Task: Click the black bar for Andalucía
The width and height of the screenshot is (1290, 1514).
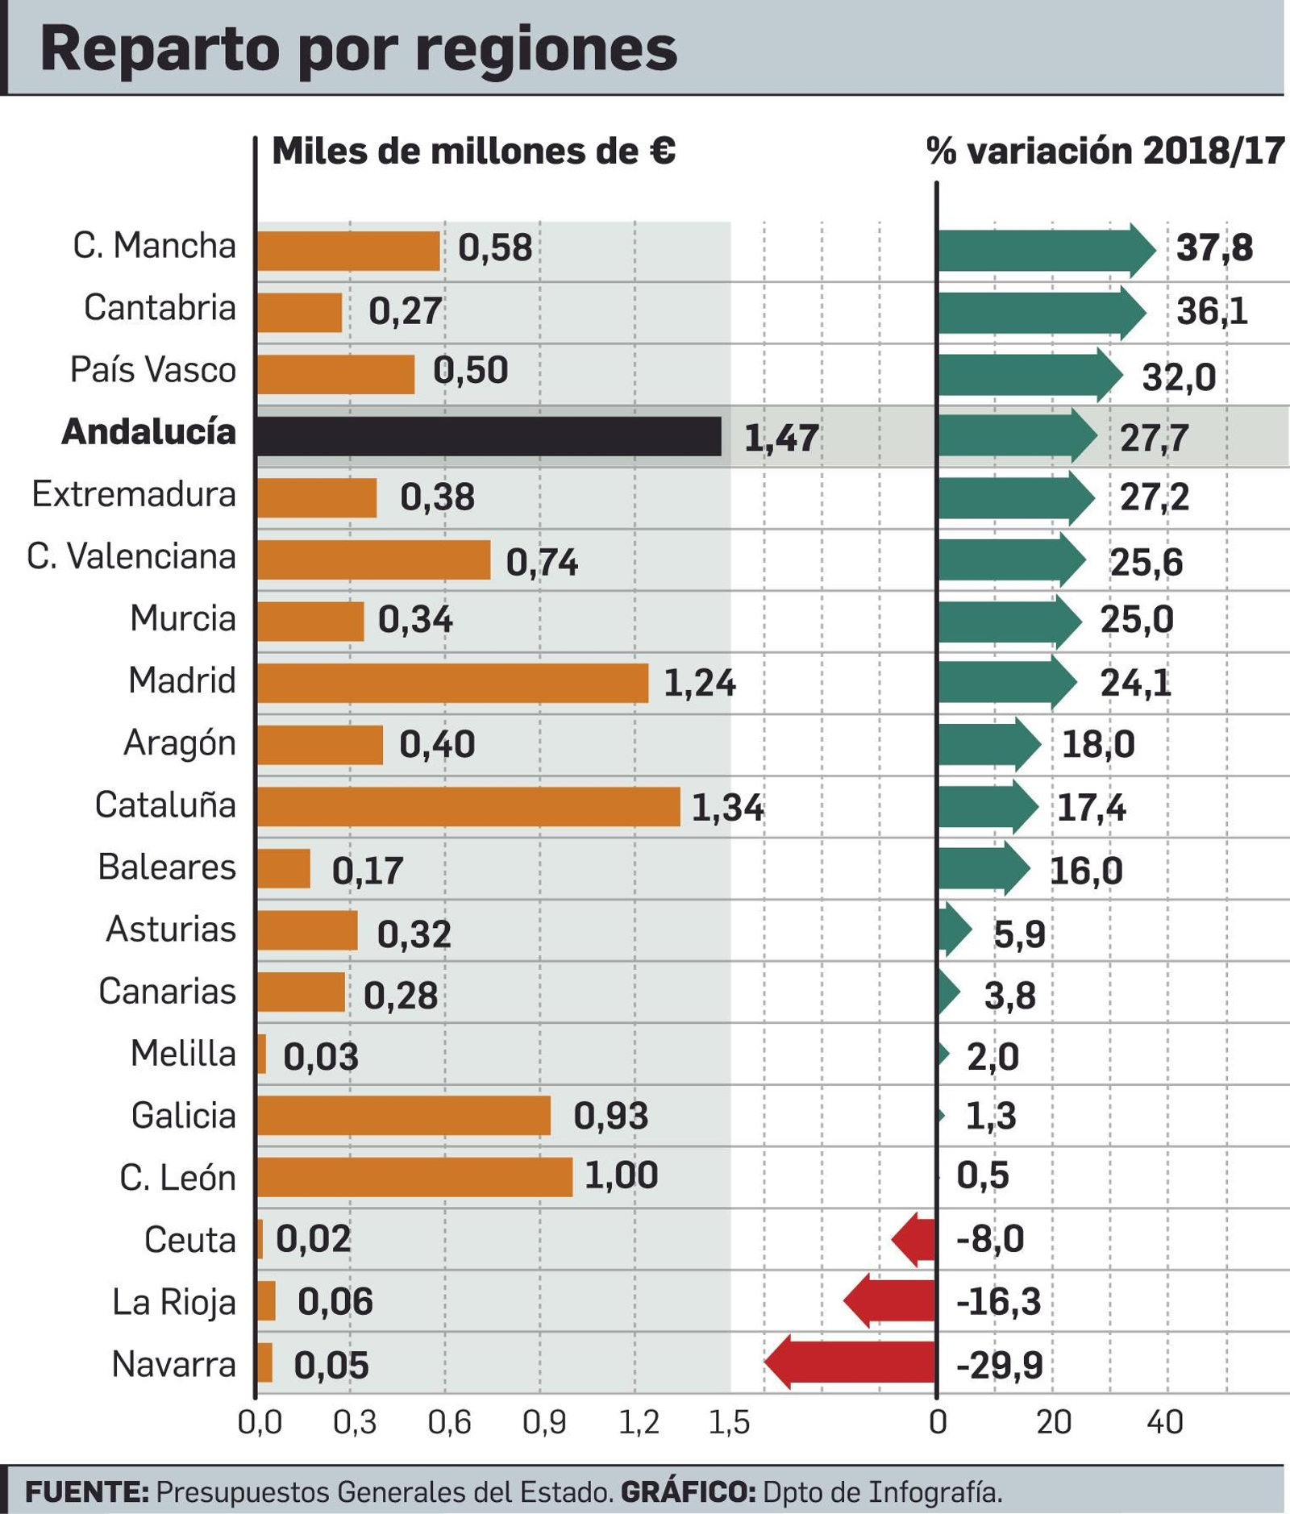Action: [489, 436]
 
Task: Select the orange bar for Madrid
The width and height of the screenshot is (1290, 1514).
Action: [452, 683]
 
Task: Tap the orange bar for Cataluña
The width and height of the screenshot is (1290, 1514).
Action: [468, 807]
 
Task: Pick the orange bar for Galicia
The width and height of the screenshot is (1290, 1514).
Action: [404, 1116]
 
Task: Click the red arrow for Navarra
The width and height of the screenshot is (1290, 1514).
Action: [851, 1362]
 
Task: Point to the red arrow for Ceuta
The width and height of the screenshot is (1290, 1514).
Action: [914, 1238]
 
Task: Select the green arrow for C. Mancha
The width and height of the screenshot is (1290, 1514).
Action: [1046, 249]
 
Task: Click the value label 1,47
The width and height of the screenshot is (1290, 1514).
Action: [780, 439]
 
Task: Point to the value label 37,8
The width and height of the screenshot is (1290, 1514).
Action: [1214, 247]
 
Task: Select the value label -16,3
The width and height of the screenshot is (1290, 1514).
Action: [998, 1301]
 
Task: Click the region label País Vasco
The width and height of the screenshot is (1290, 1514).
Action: [153, 370]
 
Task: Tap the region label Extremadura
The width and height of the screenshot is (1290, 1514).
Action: [134, 494]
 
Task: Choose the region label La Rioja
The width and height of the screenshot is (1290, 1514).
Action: [173, 1302]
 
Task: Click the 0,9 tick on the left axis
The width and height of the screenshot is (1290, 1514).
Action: [543, 1423]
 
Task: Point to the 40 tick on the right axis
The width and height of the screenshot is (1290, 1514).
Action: [1164, 1423]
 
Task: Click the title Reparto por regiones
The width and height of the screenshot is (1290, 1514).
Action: [359, 50]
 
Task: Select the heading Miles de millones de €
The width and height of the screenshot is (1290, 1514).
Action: [473, 151]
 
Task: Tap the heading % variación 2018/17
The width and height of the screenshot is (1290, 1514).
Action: [1105, 151]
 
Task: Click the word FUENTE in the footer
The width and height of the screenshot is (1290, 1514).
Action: [86, 1492]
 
